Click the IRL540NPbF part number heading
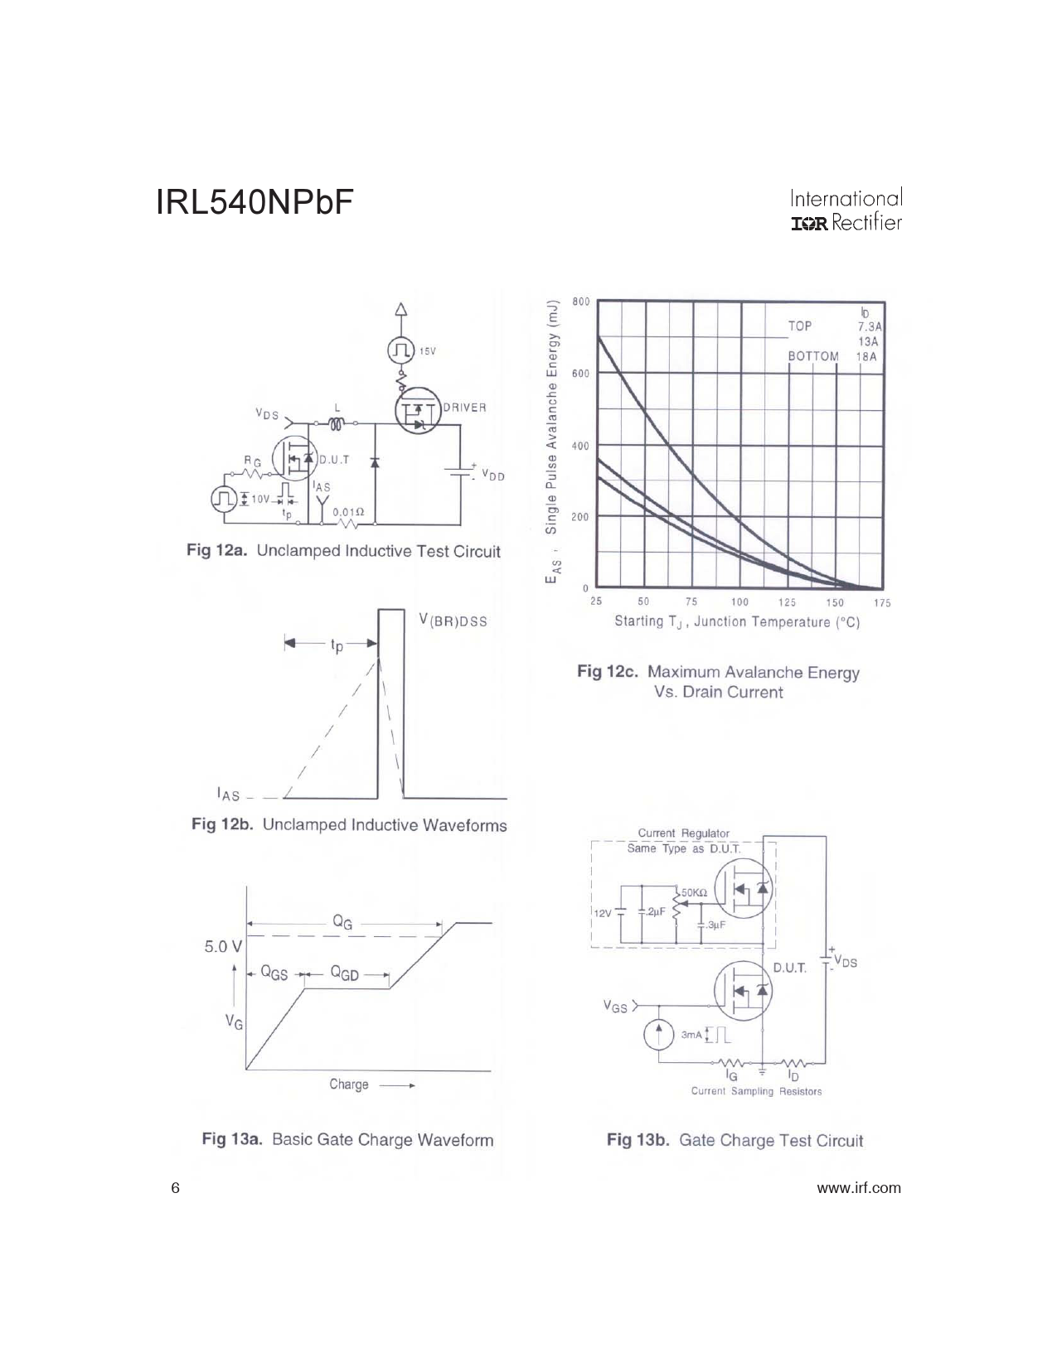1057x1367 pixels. click(x=255, y=203)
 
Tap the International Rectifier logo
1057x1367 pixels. click(x=846, y=210)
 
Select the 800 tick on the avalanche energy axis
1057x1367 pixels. click(x=580, y=302)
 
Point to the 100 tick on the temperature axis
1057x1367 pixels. click(x=739, y=602)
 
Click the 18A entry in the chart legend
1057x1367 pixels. click(x=866, y=357)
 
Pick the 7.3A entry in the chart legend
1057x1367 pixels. click(x=870, y=327)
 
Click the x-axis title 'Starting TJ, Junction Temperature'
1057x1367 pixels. click(x=736, y=622)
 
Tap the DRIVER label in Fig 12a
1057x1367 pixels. click(x=464, y=408)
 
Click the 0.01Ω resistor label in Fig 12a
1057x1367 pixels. click(x=348, y=512)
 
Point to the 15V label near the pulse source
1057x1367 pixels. click(x=428, y=351)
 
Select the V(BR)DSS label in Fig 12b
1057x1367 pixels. click(x=453, y=621)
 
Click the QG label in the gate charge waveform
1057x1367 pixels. click(x=342, y=922)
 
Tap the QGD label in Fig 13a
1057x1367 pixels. click(x=344, y=973)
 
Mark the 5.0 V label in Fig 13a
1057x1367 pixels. click(x=223, y=946)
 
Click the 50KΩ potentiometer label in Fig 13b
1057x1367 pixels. click(x=694, y=892)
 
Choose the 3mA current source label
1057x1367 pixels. click(x=691, y=1035)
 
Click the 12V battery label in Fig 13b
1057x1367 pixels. click(x=603, y=914)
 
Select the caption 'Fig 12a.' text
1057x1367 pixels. click(x=216, y=550)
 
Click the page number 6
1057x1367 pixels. click(x=175, y=1188)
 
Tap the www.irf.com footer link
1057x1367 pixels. click(x=859, y=1188)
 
